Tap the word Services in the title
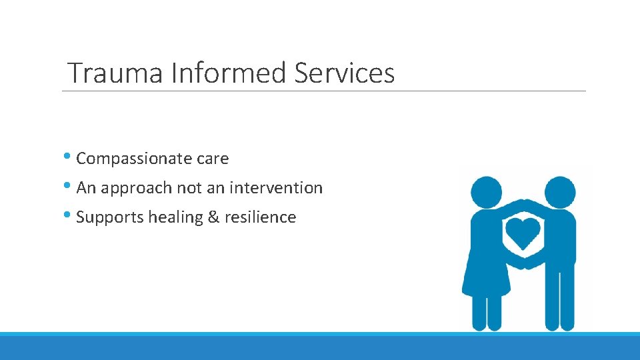pos(344,73)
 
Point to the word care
pos(213,159)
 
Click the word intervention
pos(275,189)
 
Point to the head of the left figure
pos(486,191)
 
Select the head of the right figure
pos(559,191)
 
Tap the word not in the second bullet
pos(189,189)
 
